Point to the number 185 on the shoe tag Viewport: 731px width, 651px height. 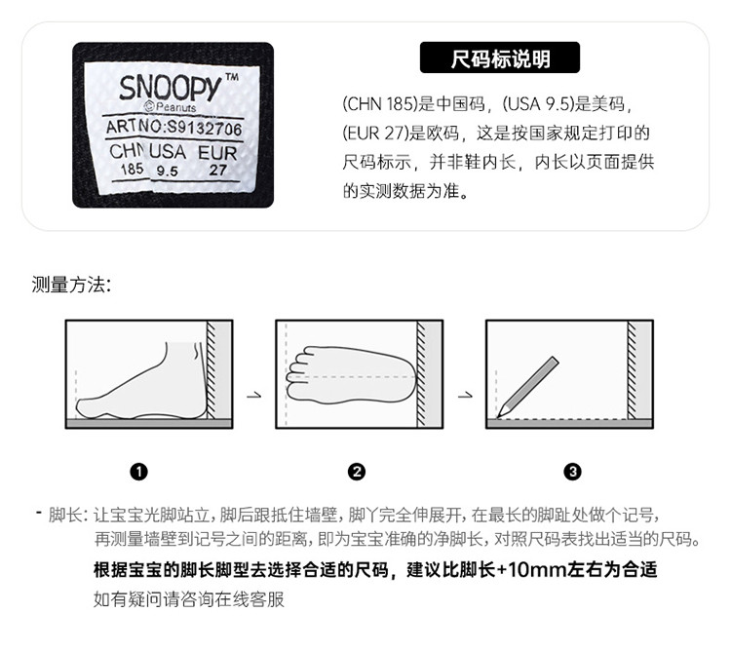[x=132, y=169]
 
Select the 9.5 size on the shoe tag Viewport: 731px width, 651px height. [x=167, y=171]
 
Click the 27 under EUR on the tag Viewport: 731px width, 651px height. [x=217, y=171]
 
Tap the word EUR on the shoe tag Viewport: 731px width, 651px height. [x=217, y=153]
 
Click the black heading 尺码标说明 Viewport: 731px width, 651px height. [x=500, y=57]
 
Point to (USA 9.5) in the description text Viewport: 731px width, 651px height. [x=538, y=104]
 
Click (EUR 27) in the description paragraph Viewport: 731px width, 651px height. [x=376, y=134]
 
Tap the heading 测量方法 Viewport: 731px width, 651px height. [x=71, y=285]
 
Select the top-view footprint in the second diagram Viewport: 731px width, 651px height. [x=352, y=375]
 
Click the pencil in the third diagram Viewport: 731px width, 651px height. [x=527, y=387]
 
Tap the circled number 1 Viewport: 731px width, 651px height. [x=139, y=472]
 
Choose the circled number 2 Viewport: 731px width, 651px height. [x=357, y=472]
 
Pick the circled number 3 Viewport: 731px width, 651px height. [x=572, y=472]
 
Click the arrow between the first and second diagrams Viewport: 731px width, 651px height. [x=254, y=396]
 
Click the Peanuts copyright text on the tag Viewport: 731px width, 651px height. [x=171, y=107]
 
